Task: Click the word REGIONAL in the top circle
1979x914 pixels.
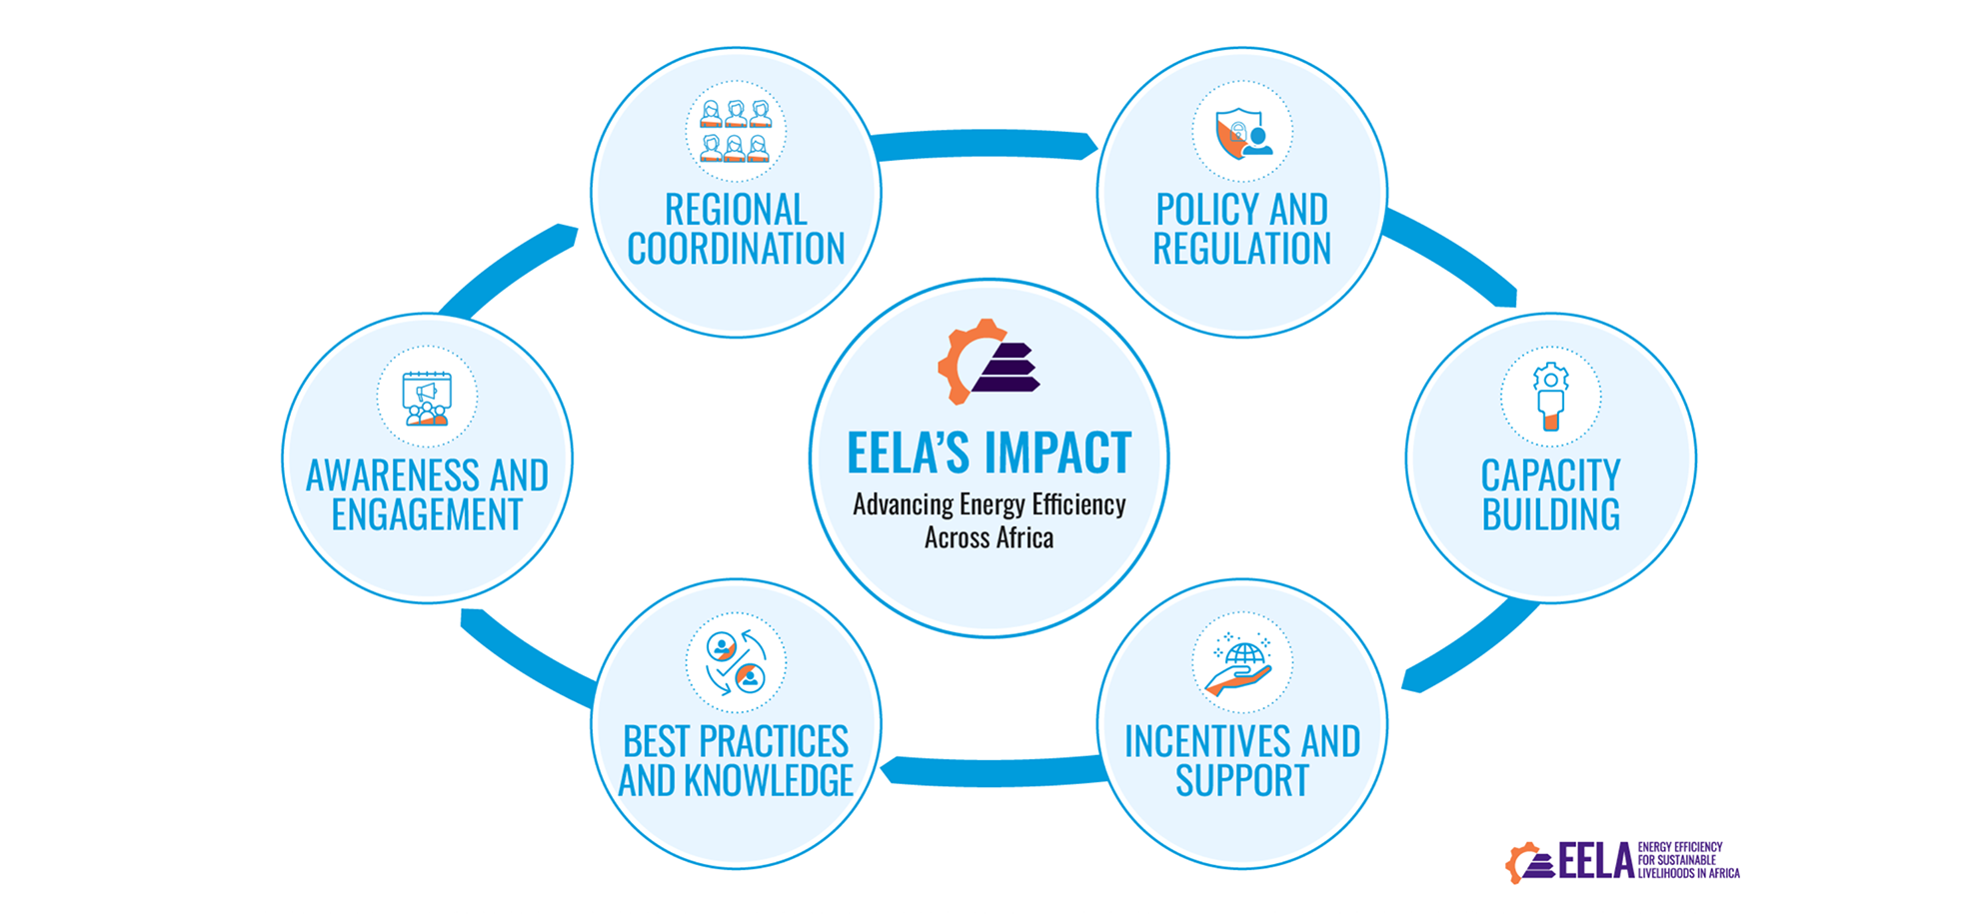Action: tap(736, 210)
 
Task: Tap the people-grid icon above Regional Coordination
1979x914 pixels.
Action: tap(736, 131)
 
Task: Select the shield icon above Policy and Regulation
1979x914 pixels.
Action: tap(1242, 133)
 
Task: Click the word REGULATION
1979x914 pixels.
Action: tap(1242, 249)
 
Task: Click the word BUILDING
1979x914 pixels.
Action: tap(1550, 514)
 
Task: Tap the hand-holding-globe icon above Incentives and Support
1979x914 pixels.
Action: tap(1240, 663)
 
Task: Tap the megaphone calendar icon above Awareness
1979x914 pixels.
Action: tap(427, 399)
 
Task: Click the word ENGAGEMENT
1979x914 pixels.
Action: tap(427, 514)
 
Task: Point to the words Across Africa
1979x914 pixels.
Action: tap(989, 538)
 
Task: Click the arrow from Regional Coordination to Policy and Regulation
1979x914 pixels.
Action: tap(985, 144)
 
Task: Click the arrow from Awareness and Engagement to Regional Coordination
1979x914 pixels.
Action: tap(505, 270)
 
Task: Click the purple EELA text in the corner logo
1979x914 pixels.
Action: tap(1596, 861)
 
